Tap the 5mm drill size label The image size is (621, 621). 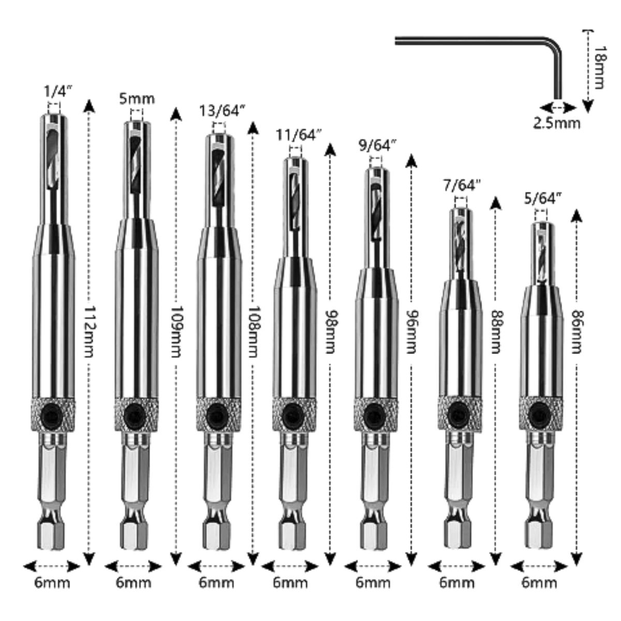[x=137, y=98]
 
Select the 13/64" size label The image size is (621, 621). [x=222, y=111]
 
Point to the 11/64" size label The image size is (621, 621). [x=298, y=136]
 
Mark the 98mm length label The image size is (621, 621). [x=330, y=331]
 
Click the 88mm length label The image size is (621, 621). [x=496, y=331]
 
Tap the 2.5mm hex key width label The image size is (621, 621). [x=557, y=123]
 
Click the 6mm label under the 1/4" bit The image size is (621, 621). [x=52, y=583]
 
